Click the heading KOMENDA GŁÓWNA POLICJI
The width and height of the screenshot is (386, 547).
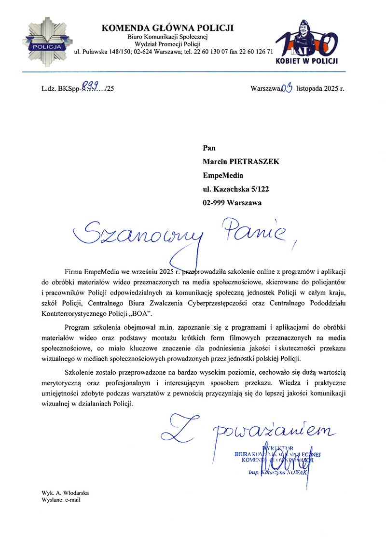click(x=167, y=28)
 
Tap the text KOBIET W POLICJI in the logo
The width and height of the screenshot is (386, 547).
click(x=306, y=61)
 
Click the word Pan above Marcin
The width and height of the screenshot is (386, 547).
click(x=209, y=148)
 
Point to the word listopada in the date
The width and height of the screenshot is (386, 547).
click(x=313, y=88)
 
